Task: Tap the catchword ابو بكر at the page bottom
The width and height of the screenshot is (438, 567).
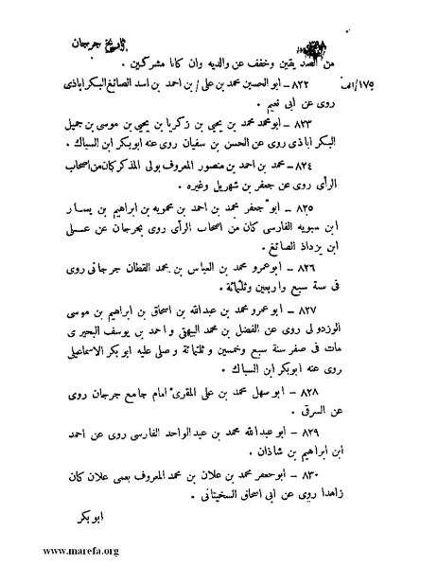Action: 91,520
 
